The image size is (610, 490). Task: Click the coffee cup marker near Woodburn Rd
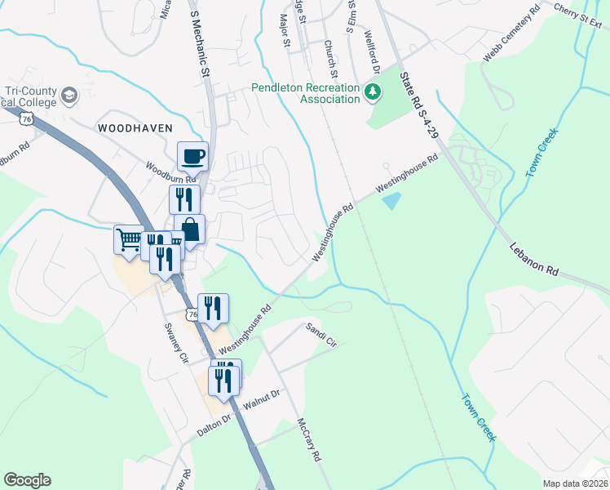[x=192, y=156]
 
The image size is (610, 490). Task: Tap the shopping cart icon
[x=128, y=240]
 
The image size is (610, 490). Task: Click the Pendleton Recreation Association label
[x=305, y=93]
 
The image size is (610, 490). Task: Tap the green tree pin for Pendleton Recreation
[x=373, y=91]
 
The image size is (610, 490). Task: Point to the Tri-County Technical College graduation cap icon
[x=69, y=95]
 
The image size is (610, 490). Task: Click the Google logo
[x=27, y=480]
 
